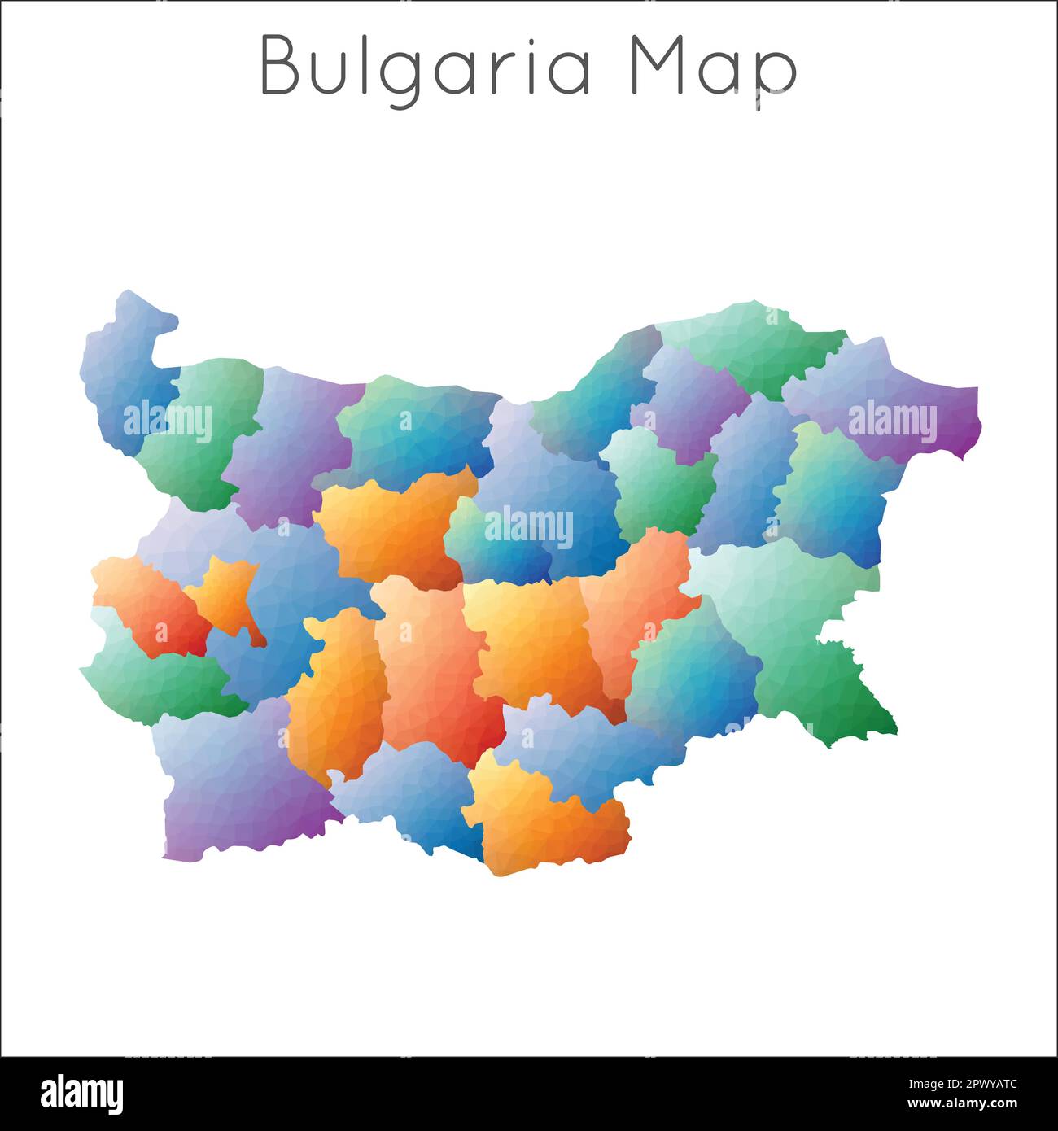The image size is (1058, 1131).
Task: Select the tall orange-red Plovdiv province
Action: click(431, 667)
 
